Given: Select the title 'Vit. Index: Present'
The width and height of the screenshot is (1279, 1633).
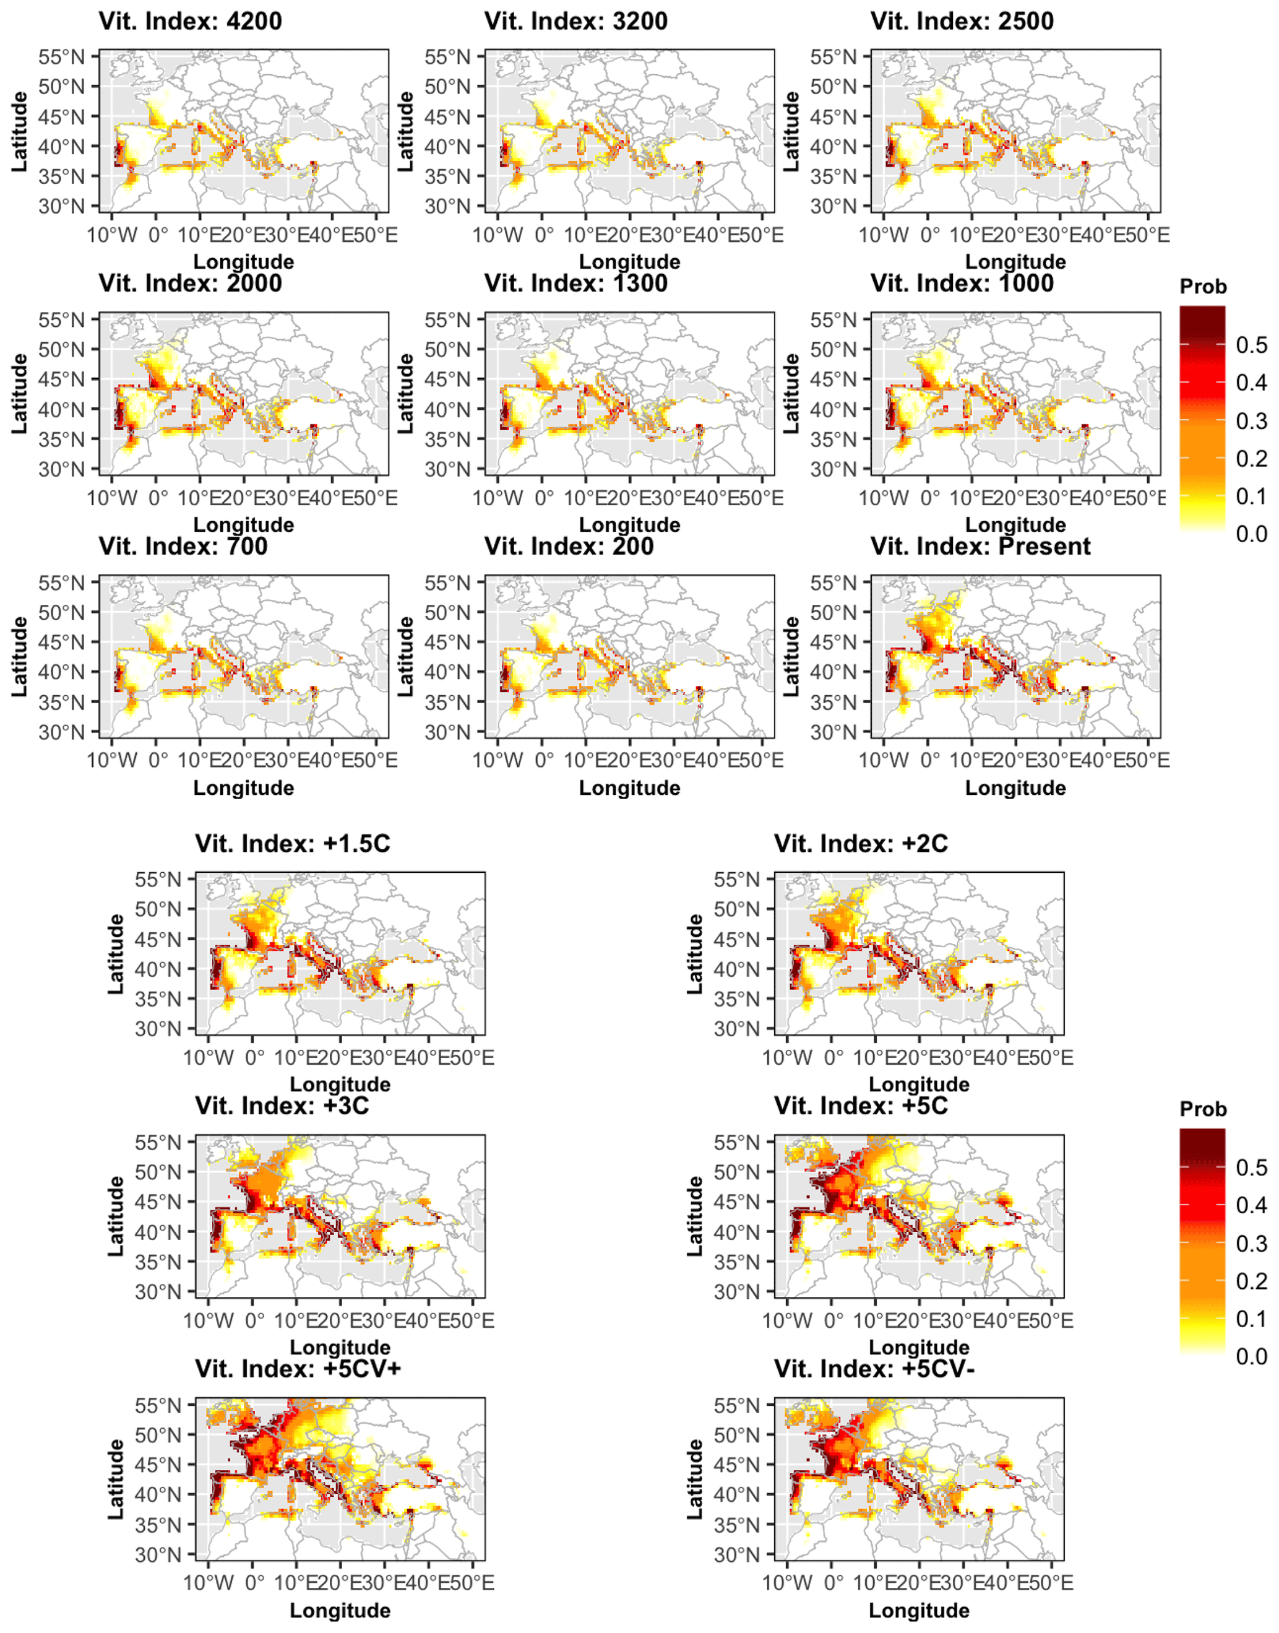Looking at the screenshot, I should click(x=980, y=547).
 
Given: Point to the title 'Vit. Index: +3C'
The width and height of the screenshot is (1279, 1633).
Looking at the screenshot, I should click(x=282, y=1106).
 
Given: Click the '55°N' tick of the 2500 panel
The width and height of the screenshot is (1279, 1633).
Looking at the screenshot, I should click(x=833, y=57).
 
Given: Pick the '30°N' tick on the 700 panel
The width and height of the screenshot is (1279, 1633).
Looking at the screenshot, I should click(x=62, y=732).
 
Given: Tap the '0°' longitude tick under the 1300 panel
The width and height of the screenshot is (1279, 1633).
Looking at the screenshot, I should click(x=545, y=498).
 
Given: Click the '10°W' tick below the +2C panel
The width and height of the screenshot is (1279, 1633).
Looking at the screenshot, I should click(x=787, y=1058).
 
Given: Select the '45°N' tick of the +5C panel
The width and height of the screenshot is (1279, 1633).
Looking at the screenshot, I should click(x=738, y=1202).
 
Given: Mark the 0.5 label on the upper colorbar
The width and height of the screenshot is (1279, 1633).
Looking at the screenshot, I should click(x=1251, y=345).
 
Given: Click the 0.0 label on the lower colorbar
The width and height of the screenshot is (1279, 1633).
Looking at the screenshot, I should click(x=1251, y=1356).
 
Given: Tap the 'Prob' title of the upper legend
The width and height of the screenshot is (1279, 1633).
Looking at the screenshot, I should click(x=1204, y=287).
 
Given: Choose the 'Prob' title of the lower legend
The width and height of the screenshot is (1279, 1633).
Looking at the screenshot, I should click(x=1204, y=1109).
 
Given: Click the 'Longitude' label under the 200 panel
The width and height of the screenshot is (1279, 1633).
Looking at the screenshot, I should click(x=630, y=788).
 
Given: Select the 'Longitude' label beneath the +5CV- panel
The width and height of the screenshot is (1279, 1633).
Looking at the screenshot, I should click(x=919, y=1611).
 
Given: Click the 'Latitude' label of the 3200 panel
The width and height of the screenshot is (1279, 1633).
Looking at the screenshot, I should click(x=405, y=131).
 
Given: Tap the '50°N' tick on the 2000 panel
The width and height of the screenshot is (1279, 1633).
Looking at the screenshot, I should click(x=62, y=350).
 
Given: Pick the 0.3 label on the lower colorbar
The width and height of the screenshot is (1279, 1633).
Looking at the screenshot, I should click(x=1251, y=1244).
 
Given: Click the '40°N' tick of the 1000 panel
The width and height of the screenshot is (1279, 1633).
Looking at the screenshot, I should click(x=833, y=410).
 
